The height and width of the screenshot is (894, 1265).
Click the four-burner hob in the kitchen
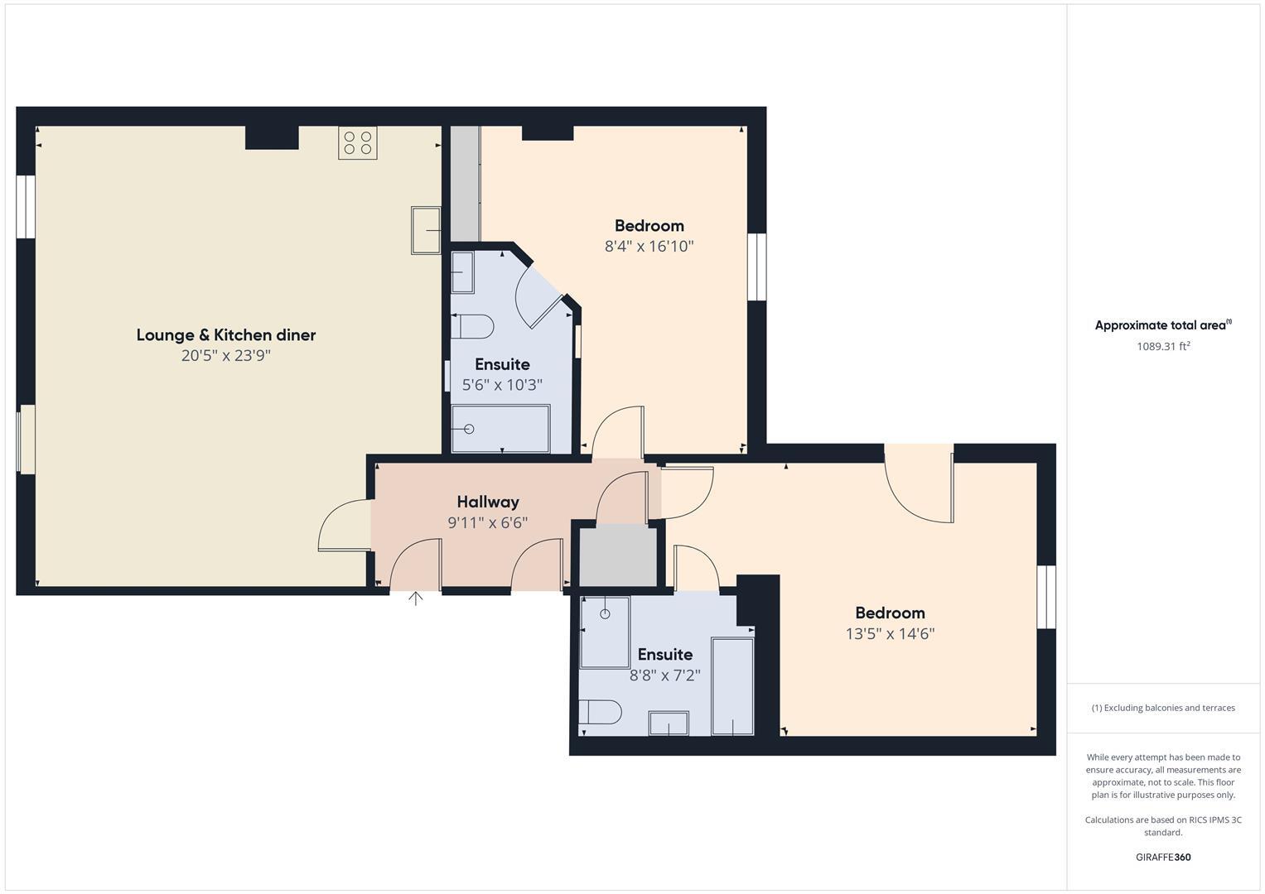click(357, 142)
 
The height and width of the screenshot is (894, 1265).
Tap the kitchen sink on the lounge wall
click(427, 230)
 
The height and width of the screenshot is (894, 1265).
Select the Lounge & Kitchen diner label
click(226, 335)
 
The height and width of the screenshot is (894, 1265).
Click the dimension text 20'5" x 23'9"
click(226, 356)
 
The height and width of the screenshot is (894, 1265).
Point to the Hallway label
click(488, 502)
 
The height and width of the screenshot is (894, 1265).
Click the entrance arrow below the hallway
click(415, 598)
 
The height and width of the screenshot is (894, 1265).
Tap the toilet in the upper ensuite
click(471, 327)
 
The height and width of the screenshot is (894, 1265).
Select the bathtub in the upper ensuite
click(500, 429)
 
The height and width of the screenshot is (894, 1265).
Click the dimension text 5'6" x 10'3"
click(502, 385)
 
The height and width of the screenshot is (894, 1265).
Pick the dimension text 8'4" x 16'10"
click(649, 246)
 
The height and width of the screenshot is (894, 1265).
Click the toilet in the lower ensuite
click(600, 712)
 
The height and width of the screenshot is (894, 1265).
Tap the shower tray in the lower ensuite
click(604, 632)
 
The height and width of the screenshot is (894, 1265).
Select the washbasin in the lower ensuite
click(669, 723)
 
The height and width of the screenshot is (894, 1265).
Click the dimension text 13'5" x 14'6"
click(890, 634)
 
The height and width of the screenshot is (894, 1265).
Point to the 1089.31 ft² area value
click(1163, 347)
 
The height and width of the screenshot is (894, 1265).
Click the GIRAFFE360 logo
click(1163, 858)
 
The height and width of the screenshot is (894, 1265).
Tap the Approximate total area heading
click(1163, 325)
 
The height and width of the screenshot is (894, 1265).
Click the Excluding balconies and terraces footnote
click(1163, 708)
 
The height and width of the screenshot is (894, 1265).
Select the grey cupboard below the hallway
click(617, 555)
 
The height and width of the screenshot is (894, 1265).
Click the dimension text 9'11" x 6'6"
click(488, 523)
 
